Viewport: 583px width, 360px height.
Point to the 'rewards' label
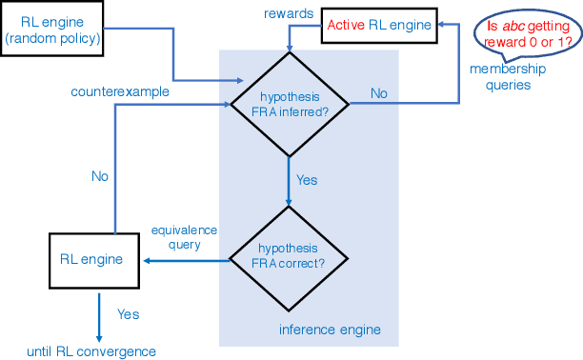285,13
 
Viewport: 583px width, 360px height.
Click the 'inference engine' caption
330,330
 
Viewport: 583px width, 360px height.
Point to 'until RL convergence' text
91,351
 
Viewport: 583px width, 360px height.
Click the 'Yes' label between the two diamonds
307,180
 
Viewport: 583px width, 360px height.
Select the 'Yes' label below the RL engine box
129,313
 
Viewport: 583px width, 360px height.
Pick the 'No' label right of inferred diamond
378,93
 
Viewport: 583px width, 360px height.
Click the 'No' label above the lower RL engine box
99,175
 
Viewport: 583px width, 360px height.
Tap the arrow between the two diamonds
288,181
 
